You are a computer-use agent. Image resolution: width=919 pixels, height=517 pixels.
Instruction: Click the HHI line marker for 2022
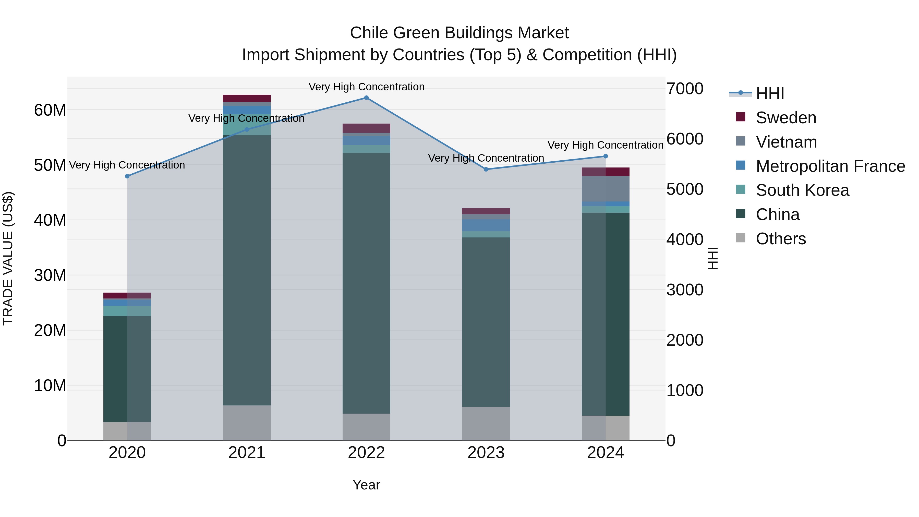(366, 98)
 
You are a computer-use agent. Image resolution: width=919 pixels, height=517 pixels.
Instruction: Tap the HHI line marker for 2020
(127, 176)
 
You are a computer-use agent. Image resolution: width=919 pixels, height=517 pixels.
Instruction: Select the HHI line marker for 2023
(486, 170)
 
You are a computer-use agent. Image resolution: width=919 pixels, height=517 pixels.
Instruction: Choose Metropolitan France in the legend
(830, 166)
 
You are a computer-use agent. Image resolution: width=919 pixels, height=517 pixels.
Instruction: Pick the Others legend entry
(781, 239)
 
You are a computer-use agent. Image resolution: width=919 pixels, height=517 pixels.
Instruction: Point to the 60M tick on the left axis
(50, 110)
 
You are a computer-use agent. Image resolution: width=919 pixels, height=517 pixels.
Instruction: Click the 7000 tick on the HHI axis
(685, 89)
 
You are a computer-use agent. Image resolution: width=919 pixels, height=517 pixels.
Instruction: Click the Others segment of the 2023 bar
(486, 424)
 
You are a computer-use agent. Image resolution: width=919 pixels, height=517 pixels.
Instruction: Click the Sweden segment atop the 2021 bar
(247, 99)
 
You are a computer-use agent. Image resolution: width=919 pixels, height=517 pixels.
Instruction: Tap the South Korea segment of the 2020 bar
(127, 311)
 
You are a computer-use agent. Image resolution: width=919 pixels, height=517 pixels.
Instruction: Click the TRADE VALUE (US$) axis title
(8, 258)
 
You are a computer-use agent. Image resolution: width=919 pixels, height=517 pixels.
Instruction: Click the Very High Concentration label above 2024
(606, 145)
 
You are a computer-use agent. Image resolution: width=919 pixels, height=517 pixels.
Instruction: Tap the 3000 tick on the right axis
(685, 290)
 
